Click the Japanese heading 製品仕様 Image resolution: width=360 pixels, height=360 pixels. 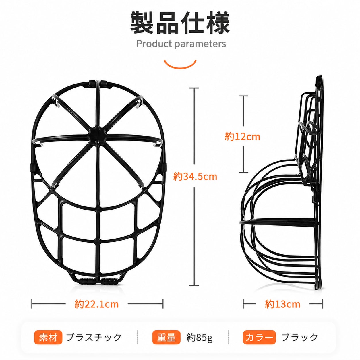pyautogui.click(x=180, y=23)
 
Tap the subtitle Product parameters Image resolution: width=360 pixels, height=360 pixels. pyautogui.click(x=181, y=44)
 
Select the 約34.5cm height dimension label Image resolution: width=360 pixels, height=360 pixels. pyautogui.click(x=195, y=176)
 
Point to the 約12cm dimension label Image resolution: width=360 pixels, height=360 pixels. pyautogui.click(x=243, y=137)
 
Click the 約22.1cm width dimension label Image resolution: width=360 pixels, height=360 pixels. pyautogui.click(x=96, y=304)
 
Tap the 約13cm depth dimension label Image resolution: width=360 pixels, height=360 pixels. pyautogui.click(x=282, y=304)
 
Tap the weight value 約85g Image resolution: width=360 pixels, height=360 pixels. pyautogui.click(x=199, y=338)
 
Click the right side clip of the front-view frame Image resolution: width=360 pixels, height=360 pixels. pyautogui.click(x=164, y=167)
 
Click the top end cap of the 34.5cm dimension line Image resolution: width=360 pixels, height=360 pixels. pyautogui.click(x=194, y=88)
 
